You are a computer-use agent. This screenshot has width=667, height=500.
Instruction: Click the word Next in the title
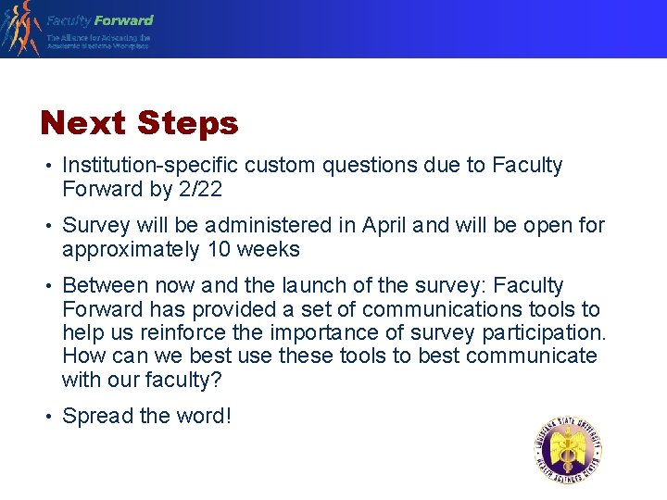coord(83,123)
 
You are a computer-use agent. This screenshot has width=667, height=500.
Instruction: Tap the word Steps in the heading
coord(187,123)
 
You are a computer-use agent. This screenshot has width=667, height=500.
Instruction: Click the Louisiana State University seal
coord(568,451)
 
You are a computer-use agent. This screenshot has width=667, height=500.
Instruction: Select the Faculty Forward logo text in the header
coord(100,19)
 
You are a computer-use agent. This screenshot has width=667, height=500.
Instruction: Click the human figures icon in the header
coord(20,28)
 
